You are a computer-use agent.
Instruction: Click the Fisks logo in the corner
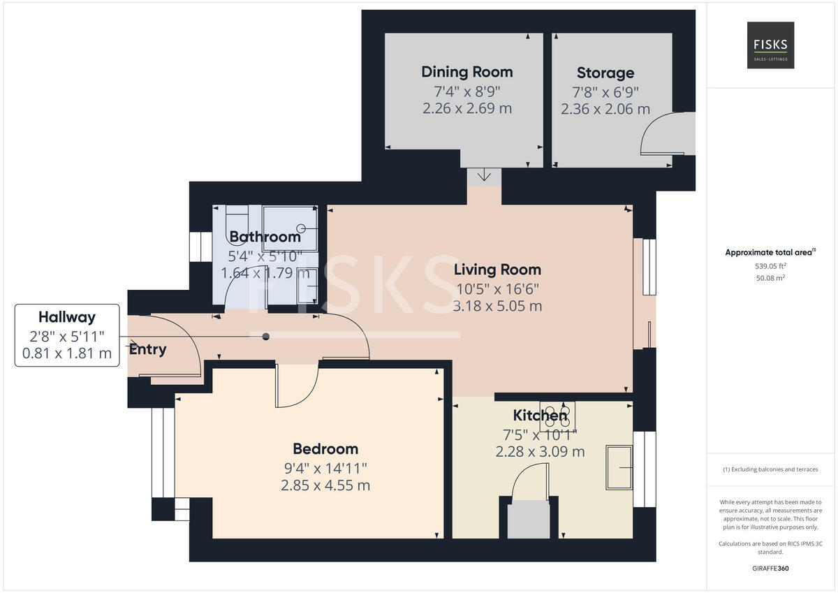coord(770,45)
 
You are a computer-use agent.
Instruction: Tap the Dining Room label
coord(466,72)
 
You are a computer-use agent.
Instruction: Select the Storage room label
coord(605,73)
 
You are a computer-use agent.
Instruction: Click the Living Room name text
coord(497,270)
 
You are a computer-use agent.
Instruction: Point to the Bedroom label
coord(325,448)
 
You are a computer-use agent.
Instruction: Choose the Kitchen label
coord(540,416)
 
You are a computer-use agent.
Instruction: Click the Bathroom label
coord(265,237)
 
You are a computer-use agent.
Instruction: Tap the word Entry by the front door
coord(147,349)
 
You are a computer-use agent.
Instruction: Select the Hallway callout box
coord(66,335)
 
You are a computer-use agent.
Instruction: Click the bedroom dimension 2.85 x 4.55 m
coord(325,485)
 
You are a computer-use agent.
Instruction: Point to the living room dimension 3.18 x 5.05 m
coord(497,306)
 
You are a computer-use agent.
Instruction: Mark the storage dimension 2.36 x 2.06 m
coord(605,109)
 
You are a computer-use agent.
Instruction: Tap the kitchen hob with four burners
coord(557,416)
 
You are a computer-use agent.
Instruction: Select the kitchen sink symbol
coord(619,467)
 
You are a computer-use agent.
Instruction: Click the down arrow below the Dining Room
coord(484,175)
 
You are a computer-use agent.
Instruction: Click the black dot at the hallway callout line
coord(265,337)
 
